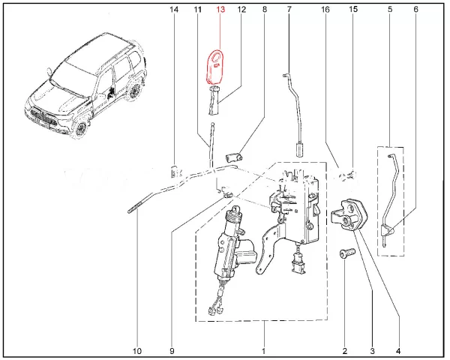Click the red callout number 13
point(220,10)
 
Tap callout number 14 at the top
point(174,10)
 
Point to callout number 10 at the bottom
point(137,351)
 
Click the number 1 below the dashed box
point(263,351)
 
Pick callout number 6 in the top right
point(415,10)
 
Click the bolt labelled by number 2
point(347,253)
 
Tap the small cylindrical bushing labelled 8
point(233,157)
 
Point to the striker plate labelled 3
point(350,214)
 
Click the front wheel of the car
point(80,128)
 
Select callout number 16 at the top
point(325,10)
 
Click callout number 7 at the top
point(289,10)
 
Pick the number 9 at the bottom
point(172,351)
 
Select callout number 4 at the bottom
point(398,351)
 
